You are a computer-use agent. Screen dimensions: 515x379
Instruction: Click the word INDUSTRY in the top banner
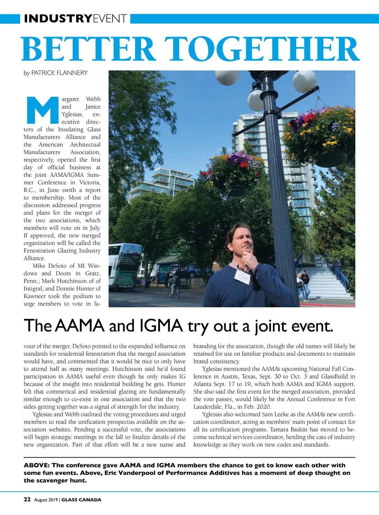pos(58,19)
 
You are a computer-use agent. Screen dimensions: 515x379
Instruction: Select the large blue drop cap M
pos(41,110)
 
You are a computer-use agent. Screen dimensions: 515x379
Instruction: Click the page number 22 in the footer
pos(27,500)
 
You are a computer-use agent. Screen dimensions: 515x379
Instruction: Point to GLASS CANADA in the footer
pos(81,500)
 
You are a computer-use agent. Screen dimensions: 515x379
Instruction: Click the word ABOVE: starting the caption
pos(36,465)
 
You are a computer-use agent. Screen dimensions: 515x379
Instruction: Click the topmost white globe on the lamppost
pos(227,77)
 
